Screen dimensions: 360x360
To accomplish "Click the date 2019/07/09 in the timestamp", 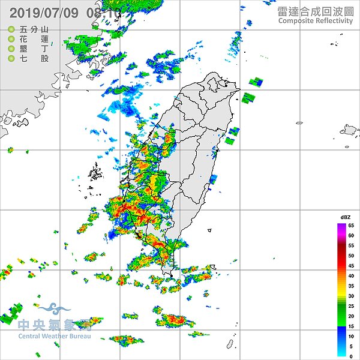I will (x=44, y=13).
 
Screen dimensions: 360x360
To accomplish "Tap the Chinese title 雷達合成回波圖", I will (x=315, y=11).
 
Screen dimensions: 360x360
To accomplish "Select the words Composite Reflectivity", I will (x=315, y=21).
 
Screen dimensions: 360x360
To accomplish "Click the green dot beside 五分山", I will (x=11, y=29).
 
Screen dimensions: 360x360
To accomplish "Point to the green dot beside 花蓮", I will (x=11, y=39).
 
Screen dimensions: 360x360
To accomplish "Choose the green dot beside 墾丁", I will (x=11, y=49).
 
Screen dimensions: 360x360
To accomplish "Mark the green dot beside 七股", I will (x=11, y=58).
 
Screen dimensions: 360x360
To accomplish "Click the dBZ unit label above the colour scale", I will (x=346, y=217).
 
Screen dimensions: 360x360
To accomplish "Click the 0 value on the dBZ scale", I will (x=352, y=356).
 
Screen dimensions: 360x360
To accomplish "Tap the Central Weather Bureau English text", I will (x=54, y=337).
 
